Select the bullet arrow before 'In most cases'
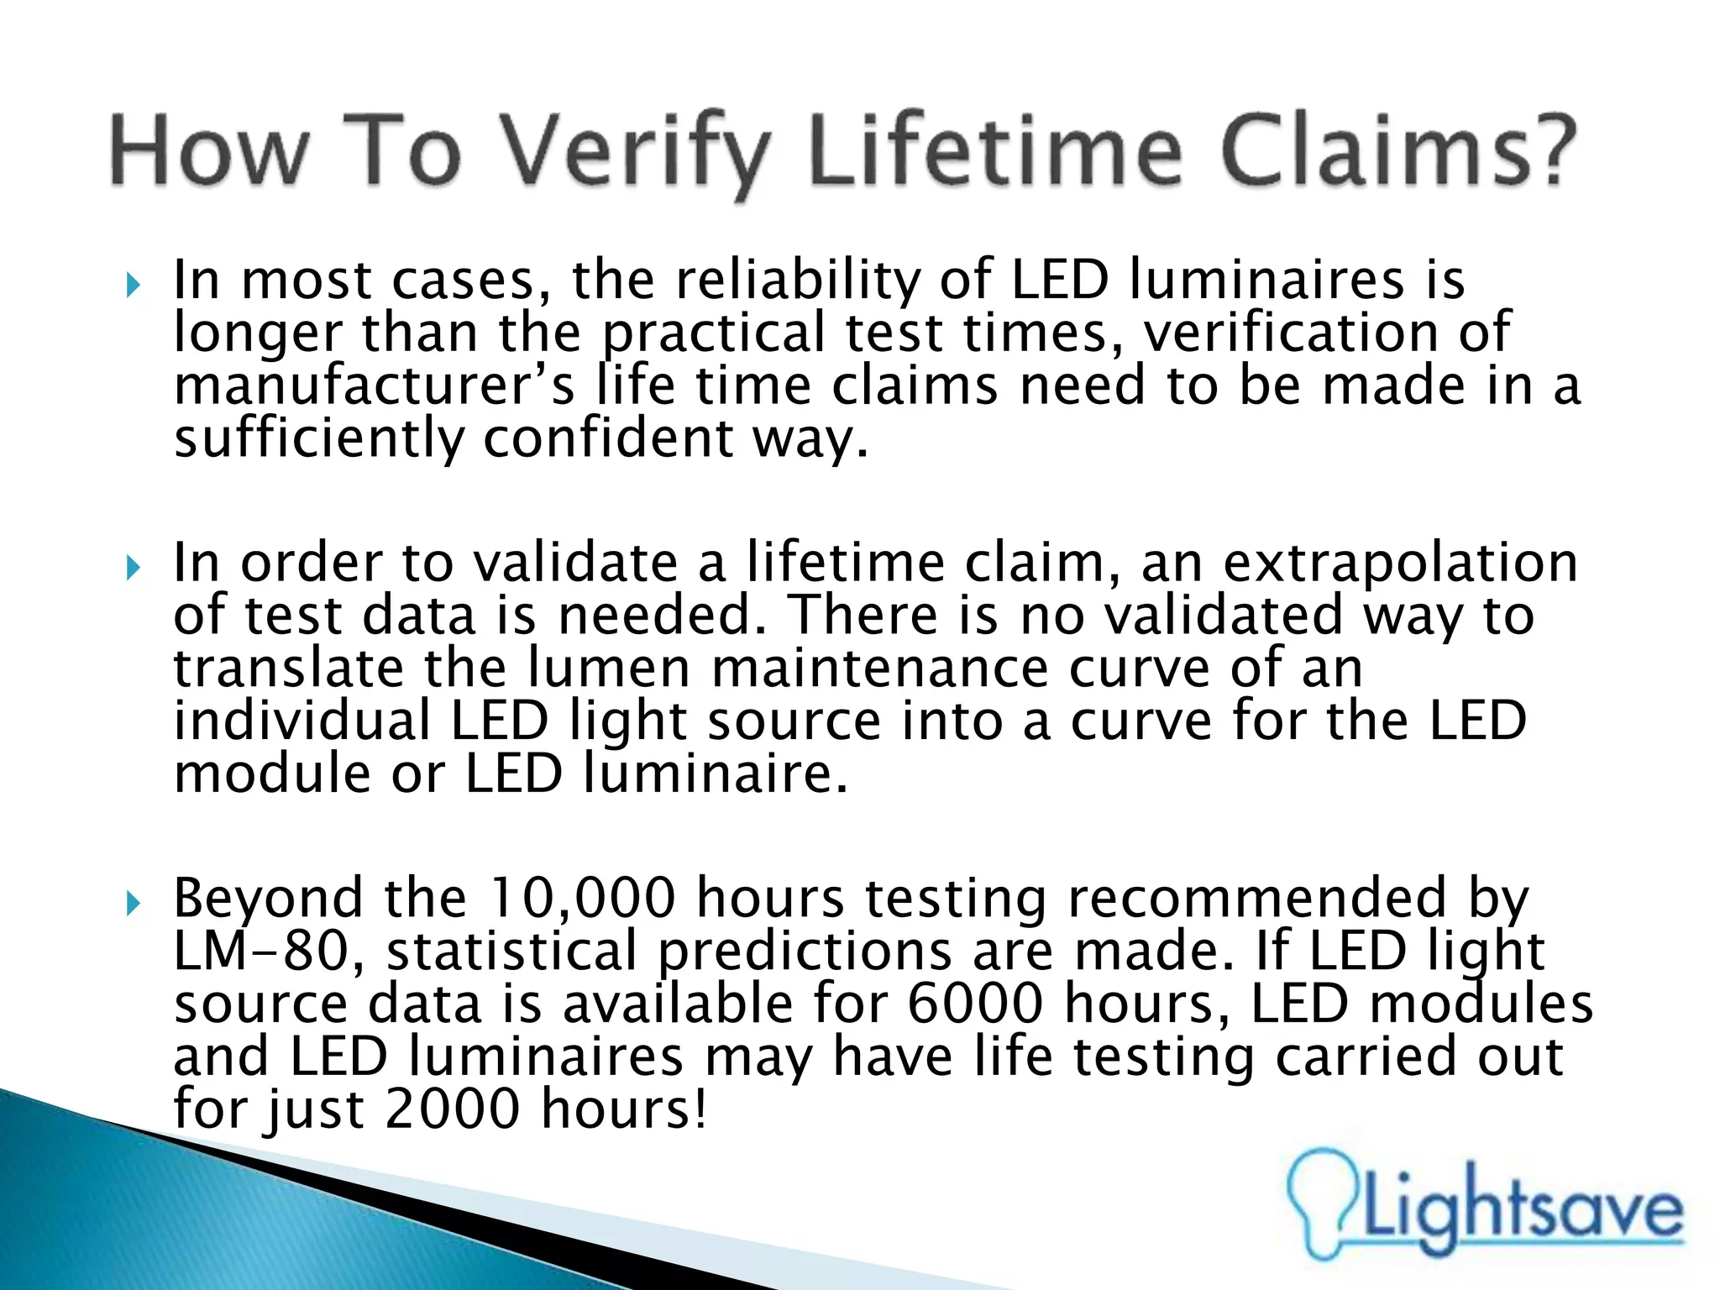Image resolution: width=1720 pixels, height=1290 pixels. point(132,285)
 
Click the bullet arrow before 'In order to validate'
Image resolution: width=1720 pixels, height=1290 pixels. point(132,568)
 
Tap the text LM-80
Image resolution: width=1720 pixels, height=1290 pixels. point(260,952)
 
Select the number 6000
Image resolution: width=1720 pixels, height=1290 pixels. point(974,1004)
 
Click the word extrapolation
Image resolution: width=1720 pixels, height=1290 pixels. point(1400,563)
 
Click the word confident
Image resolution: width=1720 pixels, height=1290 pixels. point(607,438)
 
